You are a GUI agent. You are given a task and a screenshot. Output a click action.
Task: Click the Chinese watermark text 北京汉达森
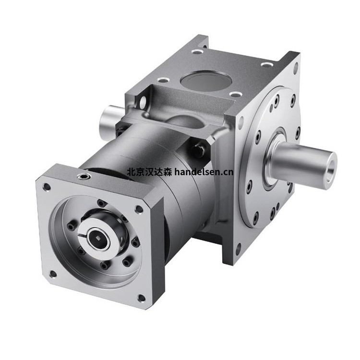(149, 171)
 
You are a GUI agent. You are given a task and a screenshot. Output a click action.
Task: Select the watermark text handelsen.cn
(204, 171)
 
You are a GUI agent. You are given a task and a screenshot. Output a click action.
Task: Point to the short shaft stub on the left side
(108, 124)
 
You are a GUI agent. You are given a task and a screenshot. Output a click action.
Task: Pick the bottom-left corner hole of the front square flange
(53, 274)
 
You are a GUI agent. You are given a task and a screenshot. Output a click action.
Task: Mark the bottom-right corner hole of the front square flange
(141, 298)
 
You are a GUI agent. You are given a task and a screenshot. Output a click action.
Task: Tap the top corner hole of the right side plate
(295, 67)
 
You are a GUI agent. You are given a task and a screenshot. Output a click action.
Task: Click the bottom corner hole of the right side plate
(238, 248)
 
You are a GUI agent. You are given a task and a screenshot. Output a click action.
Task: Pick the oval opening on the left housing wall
(143, 101)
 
